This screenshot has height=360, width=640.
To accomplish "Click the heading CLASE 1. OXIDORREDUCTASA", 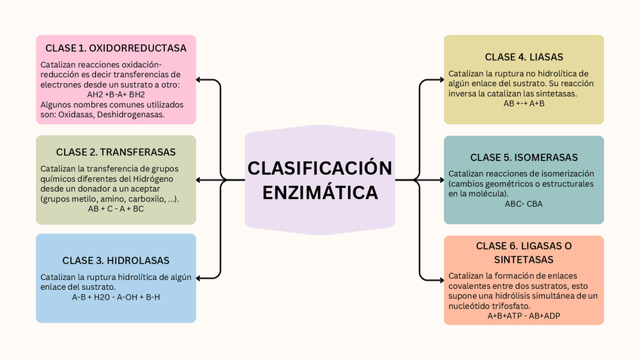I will click(115, 48).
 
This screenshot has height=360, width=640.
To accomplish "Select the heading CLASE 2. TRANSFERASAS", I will click(115, 151).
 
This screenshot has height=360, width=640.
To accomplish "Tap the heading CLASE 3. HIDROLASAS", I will click(115, 260).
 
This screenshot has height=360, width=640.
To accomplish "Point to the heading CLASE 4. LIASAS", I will click(524, 57).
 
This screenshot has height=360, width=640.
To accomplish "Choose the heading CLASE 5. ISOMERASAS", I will click(524, 157).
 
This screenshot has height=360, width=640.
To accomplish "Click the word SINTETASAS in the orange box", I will click(524, 260).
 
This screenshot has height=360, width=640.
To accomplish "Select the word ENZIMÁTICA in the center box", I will click(320, 192).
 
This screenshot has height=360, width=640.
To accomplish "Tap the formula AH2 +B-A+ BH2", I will click(115, 94).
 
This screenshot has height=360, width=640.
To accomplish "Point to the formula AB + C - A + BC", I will click(115, 208).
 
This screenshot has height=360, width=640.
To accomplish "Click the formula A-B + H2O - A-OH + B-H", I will click(115, 297).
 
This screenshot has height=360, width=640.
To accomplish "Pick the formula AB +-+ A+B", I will click(524, 103).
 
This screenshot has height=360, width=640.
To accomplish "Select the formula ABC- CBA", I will click(524, 204).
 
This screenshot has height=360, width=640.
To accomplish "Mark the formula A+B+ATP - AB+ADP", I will click(524, 315).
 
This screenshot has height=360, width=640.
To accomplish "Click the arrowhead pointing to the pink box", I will click(199, 79).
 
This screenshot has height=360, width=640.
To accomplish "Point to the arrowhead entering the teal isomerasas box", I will click(441, 180).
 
